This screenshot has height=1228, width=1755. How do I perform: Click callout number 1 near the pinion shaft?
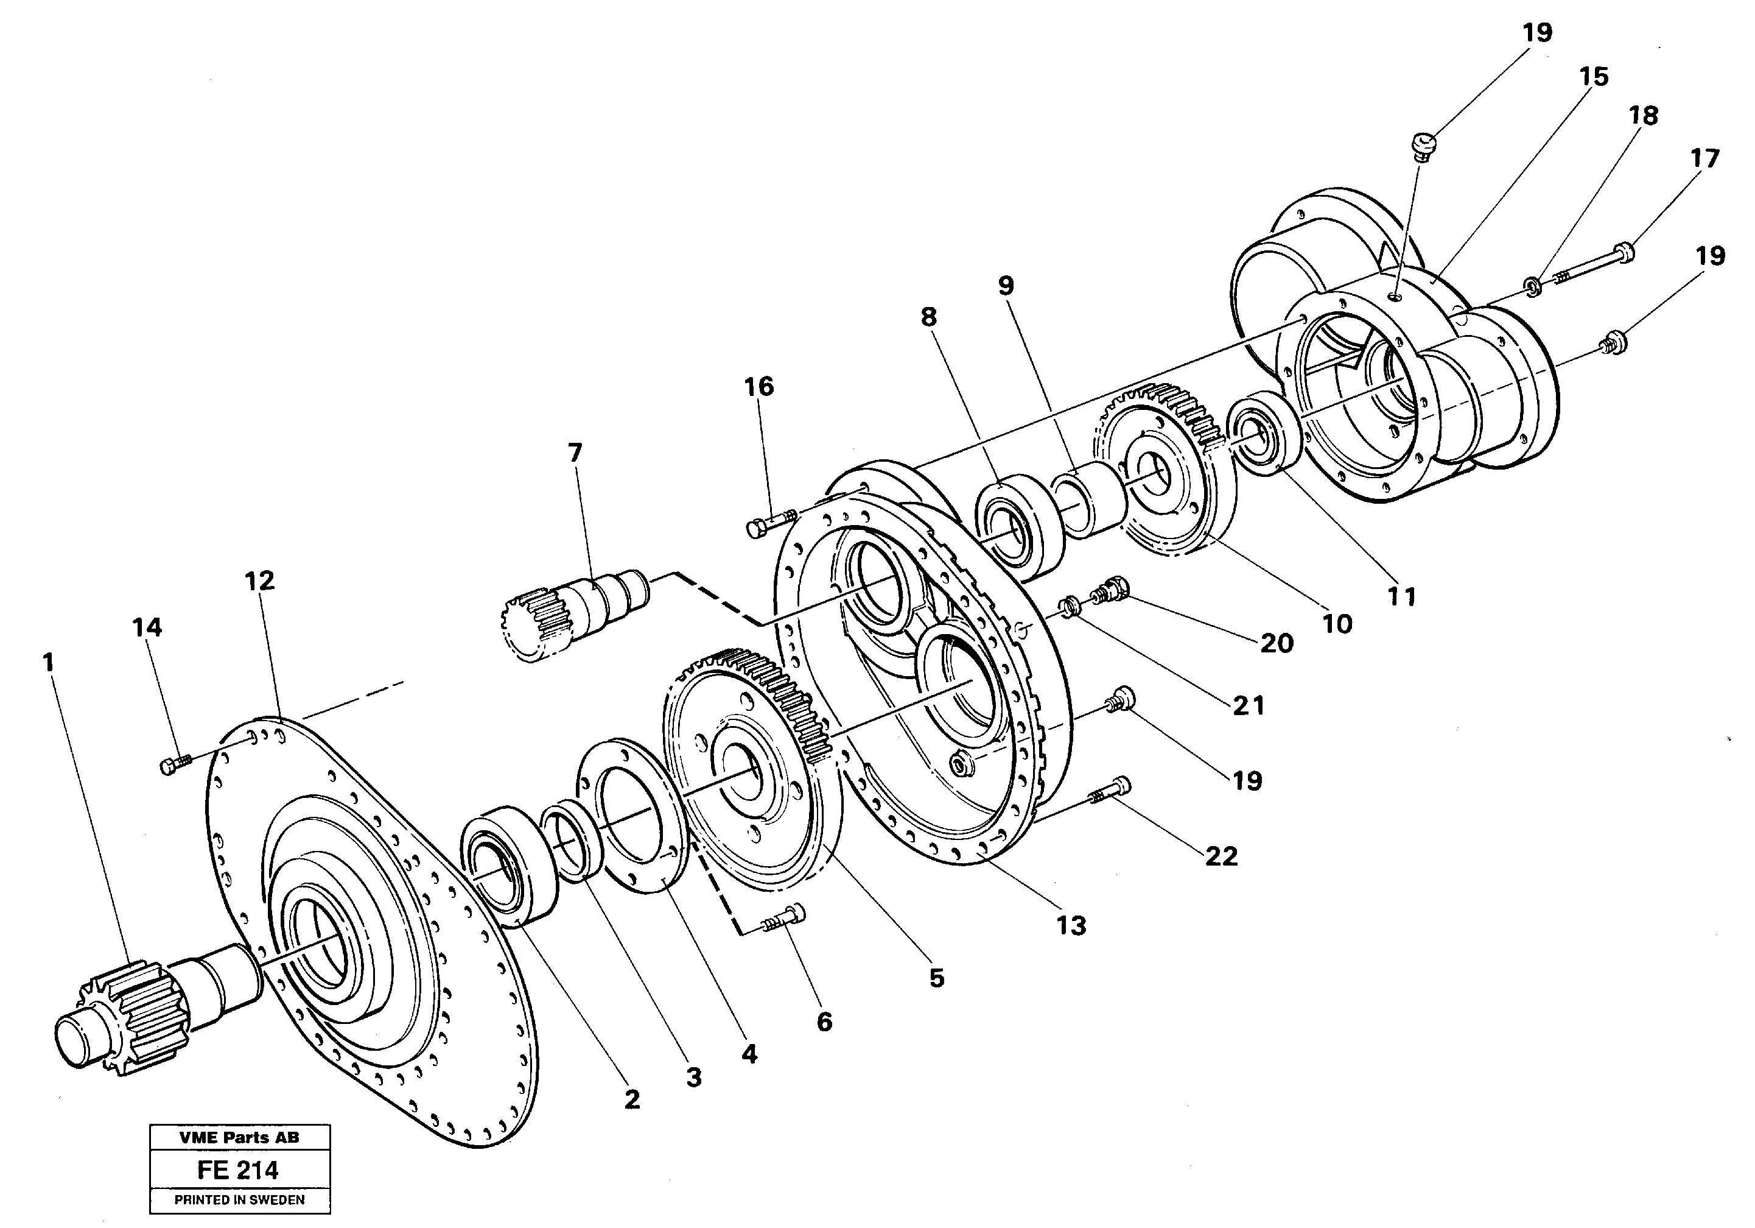point(49,662)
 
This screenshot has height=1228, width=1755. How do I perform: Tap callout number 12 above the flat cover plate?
point(259,580)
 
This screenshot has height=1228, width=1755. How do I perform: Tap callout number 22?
point(1221,856)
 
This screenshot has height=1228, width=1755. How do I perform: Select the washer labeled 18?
point(1533,286)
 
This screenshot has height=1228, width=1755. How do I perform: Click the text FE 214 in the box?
point(238,1170)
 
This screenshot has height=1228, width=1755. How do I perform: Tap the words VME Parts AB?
point(239,1137)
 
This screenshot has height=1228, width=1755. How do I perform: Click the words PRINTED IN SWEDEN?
point(239,1200)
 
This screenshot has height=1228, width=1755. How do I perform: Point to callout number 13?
point(1071,925)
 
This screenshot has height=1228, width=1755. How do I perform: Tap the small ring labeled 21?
point(1067,609)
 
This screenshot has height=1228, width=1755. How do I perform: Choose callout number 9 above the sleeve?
point(1006,285)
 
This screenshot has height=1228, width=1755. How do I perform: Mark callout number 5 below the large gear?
point(936,978)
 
